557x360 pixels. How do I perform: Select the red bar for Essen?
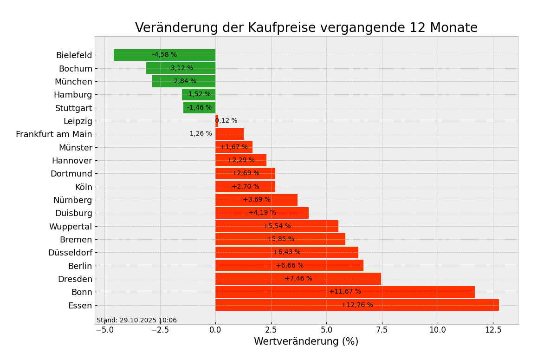click(418, 305)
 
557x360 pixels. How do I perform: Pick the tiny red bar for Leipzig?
click(217, 121)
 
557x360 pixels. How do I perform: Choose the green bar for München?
click(162, 81)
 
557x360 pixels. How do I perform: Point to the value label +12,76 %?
click(357, 305)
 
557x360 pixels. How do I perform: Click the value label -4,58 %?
click(165, 55)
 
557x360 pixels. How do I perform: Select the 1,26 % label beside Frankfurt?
click(201, 134)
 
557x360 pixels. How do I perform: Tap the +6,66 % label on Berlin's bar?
click(290, 266)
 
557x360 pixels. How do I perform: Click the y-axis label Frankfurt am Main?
click(54, 134)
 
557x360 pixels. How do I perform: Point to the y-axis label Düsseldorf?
click(70, 253)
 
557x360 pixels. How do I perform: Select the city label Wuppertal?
click(71, 227)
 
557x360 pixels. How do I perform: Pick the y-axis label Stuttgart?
click(74, 108)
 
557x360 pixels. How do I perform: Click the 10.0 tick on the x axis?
click(437, 330)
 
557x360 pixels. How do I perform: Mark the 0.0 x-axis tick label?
click(215, 330)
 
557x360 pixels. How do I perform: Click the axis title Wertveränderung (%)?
click(306, 342)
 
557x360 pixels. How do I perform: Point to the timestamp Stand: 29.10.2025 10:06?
click(136, 321)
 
